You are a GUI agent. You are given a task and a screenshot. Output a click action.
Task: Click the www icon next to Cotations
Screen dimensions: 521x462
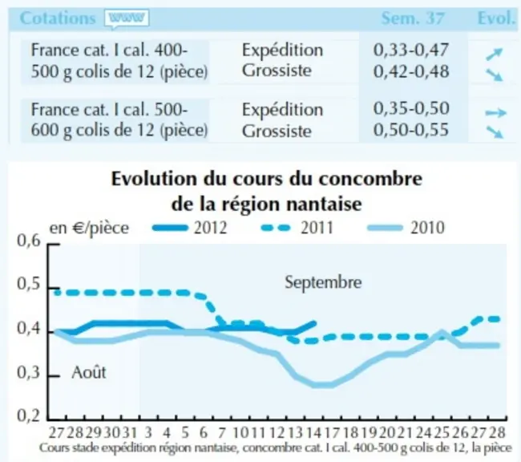pyautogui.click(x=127, y=18)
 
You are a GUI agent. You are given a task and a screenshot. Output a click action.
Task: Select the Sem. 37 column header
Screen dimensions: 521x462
pyautogui.click(x=413, y=18)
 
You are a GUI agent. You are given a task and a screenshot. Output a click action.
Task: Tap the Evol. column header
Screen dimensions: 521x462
pyautogui.click(x=495, y=18)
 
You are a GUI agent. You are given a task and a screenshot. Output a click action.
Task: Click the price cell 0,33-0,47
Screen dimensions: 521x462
pyautogui.click(x=411, y=50)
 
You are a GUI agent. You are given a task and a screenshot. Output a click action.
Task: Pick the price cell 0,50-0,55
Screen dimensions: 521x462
pyautogui.click(x=411, y=130)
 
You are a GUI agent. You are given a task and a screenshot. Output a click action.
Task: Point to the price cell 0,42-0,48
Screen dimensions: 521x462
pyautogui.click(x=411, y=71)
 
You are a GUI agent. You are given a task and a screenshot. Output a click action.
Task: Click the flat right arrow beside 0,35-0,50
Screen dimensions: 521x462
pyautogui.click(x=495, y=113)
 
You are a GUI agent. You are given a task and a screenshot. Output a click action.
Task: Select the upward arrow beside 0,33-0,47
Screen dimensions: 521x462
pyautogui.click(x=495, y=55)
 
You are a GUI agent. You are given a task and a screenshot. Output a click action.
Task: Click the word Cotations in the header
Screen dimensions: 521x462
pyautogui.click(x=58, y=18)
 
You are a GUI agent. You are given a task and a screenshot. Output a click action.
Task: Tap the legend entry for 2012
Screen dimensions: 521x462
pyautogui.click(x=190, y=228)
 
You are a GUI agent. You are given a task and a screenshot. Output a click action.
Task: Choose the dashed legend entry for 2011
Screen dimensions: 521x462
pyautogui.click(x=297, y=228)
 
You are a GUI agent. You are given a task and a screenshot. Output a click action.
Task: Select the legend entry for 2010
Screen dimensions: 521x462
pyautogui.click(x=406, y=228)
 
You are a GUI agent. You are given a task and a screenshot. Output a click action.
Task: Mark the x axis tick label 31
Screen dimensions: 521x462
pyautogui.click(x=130, y=433)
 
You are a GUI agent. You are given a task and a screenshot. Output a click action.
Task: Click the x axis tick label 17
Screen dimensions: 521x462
pyautogui.click(x=331, y=433)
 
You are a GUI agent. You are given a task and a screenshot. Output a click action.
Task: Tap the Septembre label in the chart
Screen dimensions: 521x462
pyautogui.click(x=323, y=282)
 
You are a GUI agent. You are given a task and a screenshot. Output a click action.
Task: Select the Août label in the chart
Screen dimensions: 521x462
pyautogui.click(x=89, y=372)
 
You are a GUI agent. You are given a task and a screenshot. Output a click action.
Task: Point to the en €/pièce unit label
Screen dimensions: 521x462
pyautogui.click(x=89, y=229)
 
